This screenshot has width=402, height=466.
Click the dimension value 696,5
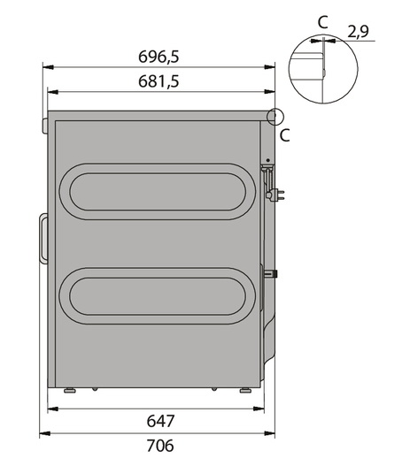158,57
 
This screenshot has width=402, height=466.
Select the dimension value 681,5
158,81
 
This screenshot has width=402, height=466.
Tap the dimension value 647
160,421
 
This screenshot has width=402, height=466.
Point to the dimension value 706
160,446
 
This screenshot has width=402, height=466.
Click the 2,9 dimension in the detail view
358,32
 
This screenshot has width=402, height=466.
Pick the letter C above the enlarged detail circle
323,22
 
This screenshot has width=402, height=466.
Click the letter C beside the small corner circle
285,135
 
